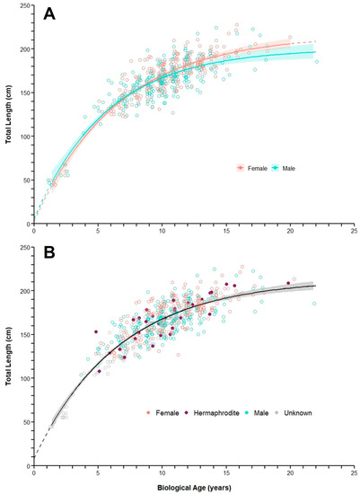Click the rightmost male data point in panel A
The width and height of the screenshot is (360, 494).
pos(316,61)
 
